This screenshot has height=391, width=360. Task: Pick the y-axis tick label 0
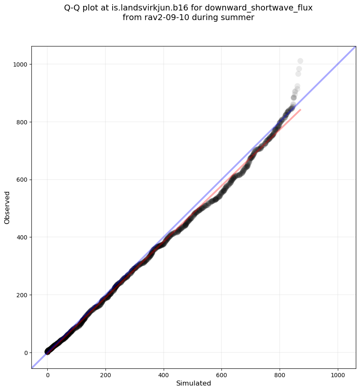tap(26, 353)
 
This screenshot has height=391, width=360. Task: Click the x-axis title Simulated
tap(193, 383)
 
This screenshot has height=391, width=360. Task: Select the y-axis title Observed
tap(7, 207)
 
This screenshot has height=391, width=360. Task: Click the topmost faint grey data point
tap(300, 61)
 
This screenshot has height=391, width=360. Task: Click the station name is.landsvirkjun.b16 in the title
tap(152, 8)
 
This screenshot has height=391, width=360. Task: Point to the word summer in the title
tap(239, 18)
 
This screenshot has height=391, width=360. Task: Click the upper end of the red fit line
tap(301, 110)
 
